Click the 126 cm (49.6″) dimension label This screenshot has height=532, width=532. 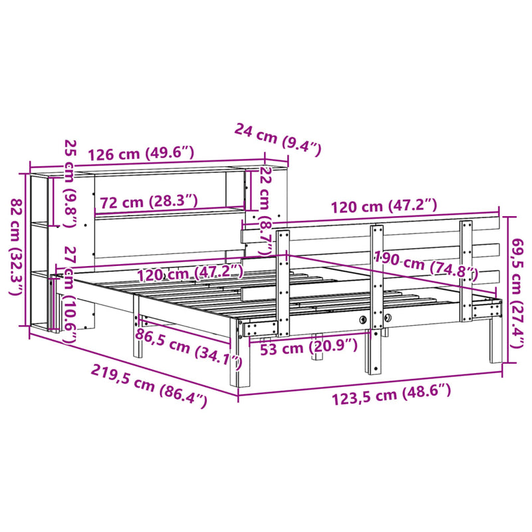(x=140, y=154)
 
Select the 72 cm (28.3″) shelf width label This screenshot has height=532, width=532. (x=148, y=201)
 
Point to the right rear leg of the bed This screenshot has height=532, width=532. (x=494, y=342)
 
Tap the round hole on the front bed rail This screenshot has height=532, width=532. (x=363, y=321)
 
